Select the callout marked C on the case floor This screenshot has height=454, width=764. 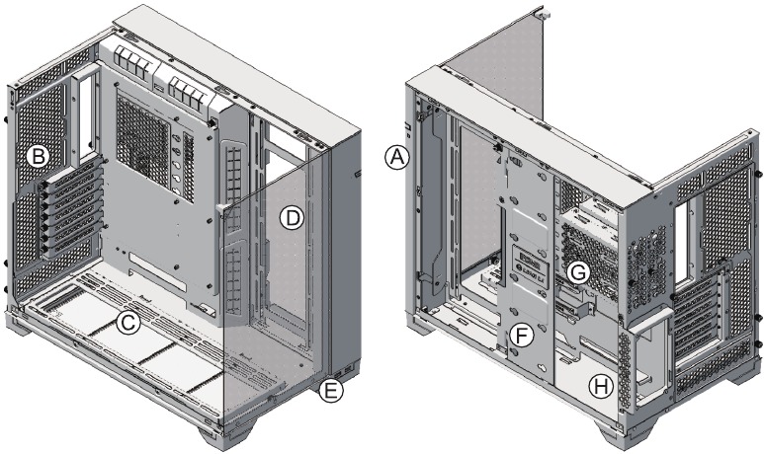(x=127, y=322)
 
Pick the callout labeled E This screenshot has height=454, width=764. (x=332, y=392)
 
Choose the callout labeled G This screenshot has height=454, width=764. (x=579, y=269)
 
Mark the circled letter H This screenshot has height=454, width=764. (x=599, y=387)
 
